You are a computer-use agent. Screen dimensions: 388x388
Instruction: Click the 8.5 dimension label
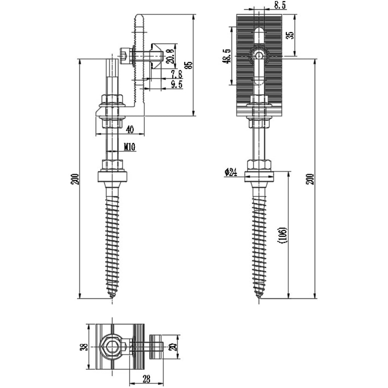point(280,5)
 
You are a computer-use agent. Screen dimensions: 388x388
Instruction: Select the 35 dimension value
point(290,35)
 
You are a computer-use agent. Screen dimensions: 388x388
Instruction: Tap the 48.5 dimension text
point(227,56)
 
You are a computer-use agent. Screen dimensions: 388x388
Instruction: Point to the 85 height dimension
point(189,65)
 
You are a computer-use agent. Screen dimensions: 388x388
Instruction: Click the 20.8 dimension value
point(171,56)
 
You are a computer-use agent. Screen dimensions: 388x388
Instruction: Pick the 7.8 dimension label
point(177,74)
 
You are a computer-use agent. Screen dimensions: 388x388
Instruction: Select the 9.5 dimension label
point(177,84)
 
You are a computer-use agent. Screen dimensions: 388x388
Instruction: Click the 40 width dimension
point(130,129)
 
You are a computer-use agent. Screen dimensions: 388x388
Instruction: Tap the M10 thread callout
point(130,147)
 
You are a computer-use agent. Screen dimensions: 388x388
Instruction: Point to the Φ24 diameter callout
point(231,172)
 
